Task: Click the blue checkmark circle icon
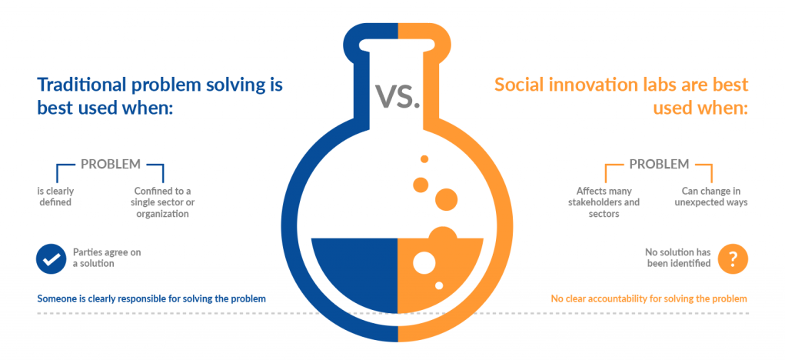51,258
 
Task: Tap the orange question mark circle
733,259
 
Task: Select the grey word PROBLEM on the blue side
111,164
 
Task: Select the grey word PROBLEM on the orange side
660,164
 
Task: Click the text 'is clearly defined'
55,197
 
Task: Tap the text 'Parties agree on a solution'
107,258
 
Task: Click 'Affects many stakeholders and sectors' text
604,202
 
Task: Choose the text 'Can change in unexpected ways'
711,197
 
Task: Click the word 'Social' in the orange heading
520,85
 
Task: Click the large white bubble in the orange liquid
424,262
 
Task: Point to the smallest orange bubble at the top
424,158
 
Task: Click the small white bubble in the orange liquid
439,285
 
